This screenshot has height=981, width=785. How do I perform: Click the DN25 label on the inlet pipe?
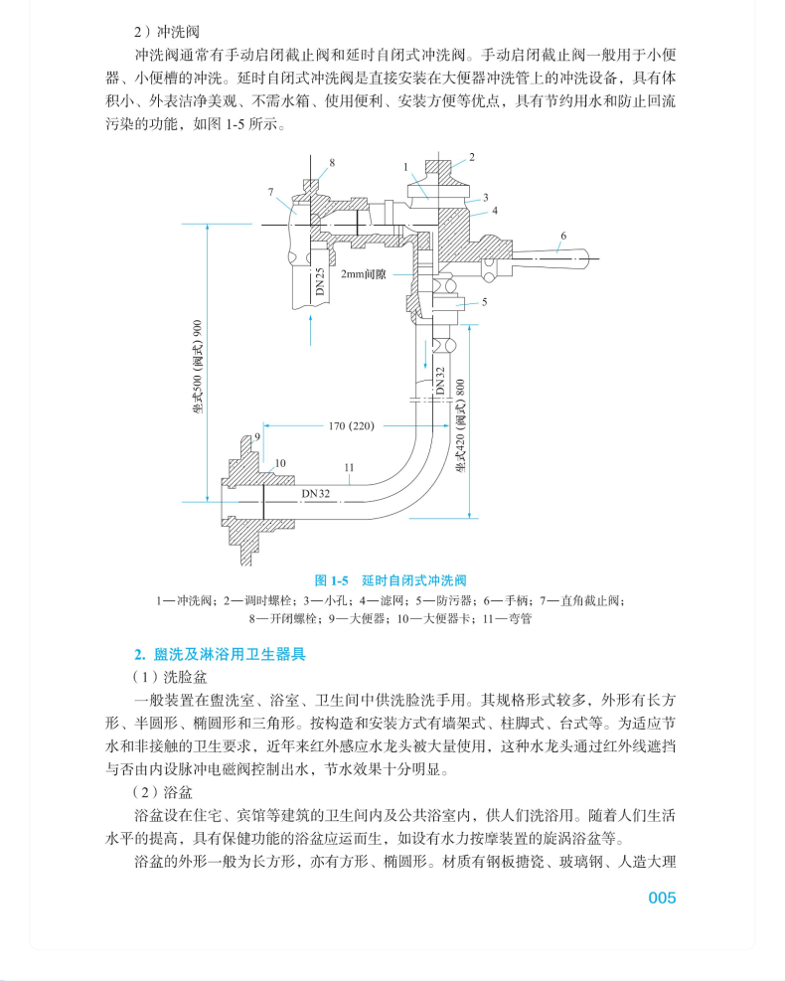tap(320, 284)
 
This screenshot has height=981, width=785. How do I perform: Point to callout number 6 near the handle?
tap(562, 237)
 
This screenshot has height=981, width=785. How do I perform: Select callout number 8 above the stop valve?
tap(332, 161)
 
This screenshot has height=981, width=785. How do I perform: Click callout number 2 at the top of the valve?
tap(472, 157)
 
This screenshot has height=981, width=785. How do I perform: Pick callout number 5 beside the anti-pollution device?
tap(485, 302)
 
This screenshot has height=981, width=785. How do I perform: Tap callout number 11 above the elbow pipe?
tap(348, 467)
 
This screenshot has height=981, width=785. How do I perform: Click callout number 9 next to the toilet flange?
tap(257, 436)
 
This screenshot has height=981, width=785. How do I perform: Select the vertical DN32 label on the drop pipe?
tap(438, 381)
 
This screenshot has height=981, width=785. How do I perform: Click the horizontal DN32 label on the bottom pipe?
tap(316, 492)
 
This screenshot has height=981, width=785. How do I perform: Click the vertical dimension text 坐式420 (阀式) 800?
tap(460, 425)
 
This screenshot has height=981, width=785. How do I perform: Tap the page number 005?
tap(662, 898)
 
